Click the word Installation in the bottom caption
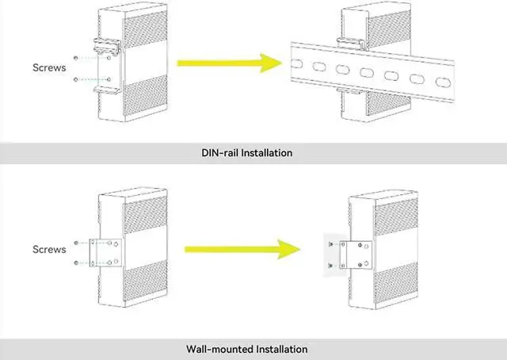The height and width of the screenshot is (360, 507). [x=280, y=349]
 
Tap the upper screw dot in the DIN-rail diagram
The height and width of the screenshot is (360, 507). [x=74, y=59]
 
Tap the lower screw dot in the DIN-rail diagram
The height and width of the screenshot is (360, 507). [x=74, y=80]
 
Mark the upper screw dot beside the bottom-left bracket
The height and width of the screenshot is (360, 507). [x=74, y=243]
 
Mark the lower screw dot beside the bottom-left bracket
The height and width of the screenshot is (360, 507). [x=74, y=262]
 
